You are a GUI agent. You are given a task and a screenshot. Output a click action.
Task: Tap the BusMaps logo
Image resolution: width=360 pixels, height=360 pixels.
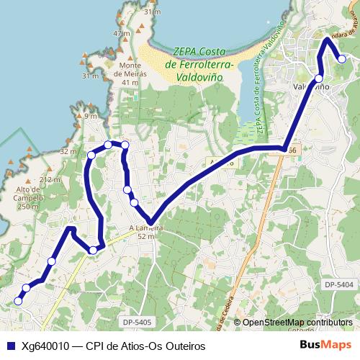pos(325,346)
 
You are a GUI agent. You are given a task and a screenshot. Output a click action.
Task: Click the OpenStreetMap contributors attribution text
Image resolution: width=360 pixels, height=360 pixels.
pos(297,323)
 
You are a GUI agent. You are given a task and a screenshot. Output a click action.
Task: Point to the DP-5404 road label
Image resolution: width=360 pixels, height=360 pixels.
pos(339,285)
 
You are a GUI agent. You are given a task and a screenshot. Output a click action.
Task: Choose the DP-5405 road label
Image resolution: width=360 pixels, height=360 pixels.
pos(137,322)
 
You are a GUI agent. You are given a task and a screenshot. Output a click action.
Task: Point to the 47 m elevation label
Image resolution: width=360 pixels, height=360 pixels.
pos(121,34)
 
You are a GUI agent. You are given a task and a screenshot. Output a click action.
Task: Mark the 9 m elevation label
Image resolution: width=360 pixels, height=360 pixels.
pos(90,116)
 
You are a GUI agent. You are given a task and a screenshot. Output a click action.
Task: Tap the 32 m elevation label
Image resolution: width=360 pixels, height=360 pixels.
pos(68,152)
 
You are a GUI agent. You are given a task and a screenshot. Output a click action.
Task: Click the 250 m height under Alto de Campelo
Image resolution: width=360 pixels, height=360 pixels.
pos(27,207)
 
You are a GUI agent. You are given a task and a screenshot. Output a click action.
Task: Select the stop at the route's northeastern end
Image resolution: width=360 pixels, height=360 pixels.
pos(341,60)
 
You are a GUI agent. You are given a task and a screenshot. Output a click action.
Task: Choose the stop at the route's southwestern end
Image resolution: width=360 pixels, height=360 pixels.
pos(19,301)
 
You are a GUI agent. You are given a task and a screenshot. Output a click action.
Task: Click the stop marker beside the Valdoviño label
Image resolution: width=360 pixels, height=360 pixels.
pos(318,78)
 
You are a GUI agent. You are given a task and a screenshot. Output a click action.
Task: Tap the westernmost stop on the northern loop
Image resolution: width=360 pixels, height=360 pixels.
pos(91,155)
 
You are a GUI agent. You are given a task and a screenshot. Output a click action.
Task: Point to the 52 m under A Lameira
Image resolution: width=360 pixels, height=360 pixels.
pos(146,236)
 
